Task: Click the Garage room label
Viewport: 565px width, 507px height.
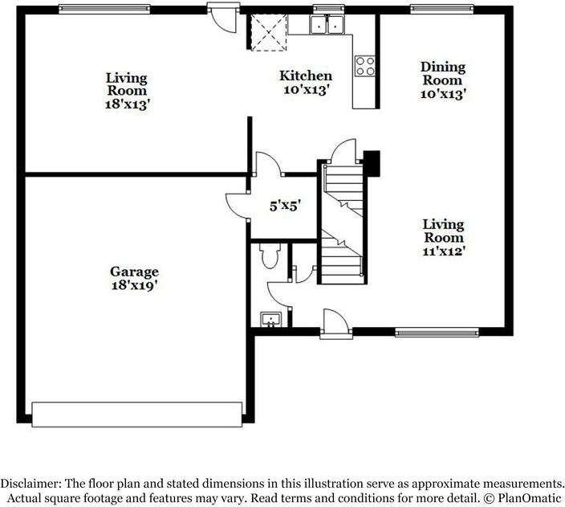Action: [135, 272]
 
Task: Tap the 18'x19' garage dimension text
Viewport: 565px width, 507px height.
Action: [135, 284]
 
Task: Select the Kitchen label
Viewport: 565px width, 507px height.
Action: [305, 76]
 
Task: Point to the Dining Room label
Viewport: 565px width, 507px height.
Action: [442, 74]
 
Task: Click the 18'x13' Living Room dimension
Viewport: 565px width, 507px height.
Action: [127, 104]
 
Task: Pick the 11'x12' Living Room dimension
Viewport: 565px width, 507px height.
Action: [443, 251]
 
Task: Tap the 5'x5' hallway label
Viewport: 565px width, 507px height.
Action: [284, 206]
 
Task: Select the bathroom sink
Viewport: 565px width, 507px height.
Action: [271, 320]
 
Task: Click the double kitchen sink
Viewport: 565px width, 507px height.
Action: [327, 26]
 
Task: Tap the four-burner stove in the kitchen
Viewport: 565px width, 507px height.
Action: [365, 65]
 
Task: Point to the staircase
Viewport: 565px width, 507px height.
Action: [343, 221]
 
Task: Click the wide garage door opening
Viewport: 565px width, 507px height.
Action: [137, 413]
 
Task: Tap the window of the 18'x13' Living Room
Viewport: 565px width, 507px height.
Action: [104, 9]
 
